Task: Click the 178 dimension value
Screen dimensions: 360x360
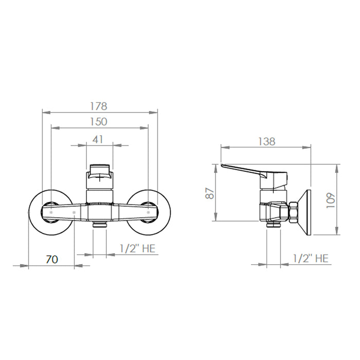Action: click(x=99, y=106)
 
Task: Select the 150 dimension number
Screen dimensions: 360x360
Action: click(x=99, y=122)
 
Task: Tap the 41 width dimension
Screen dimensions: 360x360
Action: click(x=98, y=139)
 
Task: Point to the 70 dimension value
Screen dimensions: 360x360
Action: click(x=52, y=259)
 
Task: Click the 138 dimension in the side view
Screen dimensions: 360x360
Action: click(x=266, y=141)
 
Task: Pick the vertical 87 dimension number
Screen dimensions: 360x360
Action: click(x=210, y=193)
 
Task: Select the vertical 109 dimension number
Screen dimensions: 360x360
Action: click(x=331, y=201)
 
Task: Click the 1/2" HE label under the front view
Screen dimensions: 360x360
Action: click(x=137, y=248)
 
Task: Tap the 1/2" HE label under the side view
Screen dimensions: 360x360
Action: click(x=311, y=259)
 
